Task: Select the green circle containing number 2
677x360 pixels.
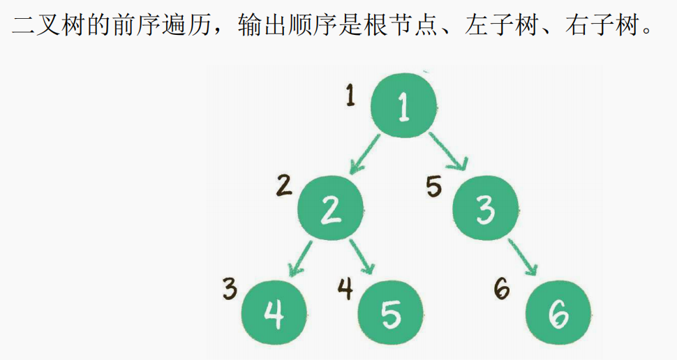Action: (x=331, y=209)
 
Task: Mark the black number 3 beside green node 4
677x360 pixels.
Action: (x=230, y=288)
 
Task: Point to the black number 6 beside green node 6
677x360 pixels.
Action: (x=501, y=289)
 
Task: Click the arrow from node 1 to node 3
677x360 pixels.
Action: (x=448, y=151)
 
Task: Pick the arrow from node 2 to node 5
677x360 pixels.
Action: (x=362, y=257)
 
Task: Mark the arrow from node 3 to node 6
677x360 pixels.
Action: (x=524, y=258)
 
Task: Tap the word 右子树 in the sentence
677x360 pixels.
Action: (x=607, y=28)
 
